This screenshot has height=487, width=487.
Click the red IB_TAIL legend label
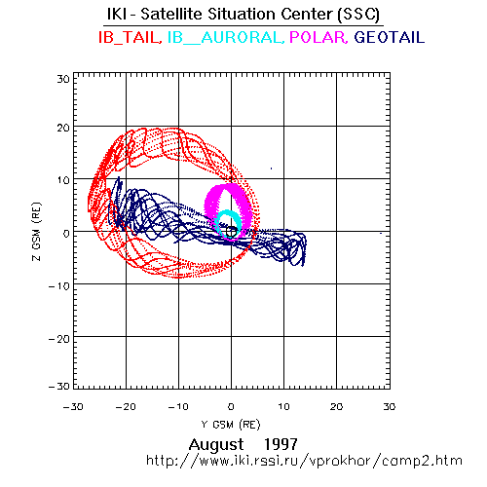point(130,37)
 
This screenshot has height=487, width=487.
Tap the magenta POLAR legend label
point(318,37)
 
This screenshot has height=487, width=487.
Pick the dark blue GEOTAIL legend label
point(389,37)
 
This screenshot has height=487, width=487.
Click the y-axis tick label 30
point(63,79)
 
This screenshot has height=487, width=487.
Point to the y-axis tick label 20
point(63,128)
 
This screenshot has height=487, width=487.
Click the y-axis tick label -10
point(59,286)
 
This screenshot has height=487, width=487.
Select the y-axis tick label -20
point(59,339)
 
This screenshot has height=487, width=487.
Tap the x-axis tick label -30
point(73,406)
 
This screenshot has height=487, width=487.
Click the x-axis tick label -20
point(126,406)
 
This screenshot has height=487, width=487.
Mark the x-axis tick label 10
point(283,406)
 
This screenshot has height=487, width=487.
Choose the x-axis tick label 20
point(336,406)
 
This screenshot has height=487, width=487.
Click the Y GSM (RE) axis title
point(231,425)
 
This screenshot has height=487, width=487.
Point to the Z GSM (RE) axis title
point(37,232)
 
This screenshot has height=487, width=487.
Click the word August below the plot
point(216,444)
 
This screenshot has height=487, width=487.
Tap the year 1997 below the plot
point(281,444)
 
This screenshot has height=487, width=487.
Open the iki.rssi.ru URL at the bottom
point(304,461)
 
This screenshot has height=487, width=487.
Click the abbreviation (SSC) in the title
point(358,15)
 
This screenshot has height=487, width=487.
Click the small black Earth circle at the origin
point(231,232)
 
